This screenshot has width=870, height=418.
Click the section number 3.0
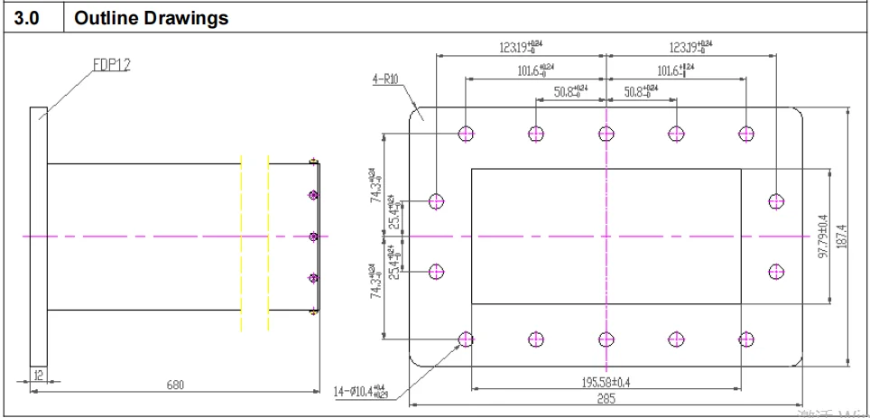coord(29,18)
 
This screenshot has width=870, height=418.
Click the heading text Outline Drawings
coord(151,18)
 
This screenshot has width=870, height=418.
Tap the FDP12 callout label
coord(111,65)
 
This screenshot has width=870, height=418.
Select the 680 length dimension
coord(174,385)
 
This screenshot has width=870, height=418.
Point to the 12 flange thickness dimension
coord(38,374)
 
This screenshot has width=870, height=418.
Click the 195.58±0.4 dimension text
coord(606,382)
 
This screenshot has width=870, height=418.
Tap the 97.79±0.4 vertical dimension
coord(822,237)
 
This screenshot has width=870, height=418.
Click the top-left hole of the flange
coord(466,134)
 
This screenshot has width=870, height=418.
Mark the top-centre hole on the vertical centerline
coord(606,134)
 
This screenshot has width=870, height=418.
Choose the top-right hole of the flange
coord(746,134)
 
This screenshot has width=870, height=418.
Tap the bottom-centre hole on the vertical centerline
coord(606,339)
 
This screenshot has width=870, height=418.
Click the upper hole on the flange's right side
coord(776,201)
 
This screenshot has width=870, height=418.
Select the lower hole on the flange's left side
coord(437,271)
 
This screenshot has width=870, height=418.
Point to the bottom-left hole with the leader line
coord(466,339)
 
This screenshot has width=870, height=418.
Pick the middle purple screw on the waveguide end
coord(313,237)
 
